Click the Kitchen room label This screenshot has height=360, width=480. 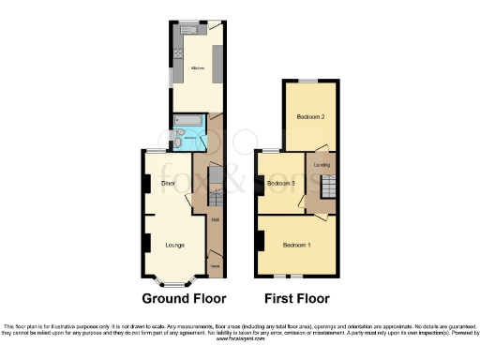pyautogui.click(x=198, y=68)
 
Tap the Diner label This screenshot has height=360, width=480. pyautogui.click(x=169, y=183)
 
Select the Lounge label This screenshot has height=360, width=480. pyautogui.click(x=174, y=246)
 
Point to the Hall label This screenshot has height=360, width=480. pyautogui.click(x=216, y=219)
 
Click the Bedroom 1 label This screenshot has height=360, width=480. pyautogui.click(x=296, y=246)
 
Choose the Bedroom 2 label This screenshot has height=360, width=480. pyautogui.click(x=310, y=117)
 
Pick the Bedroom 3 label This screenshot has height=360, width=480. pyautogui.click(x=281, y=183)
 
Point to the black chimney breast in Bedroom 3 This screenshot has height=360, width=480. pyautogui.click(x=260, y=184)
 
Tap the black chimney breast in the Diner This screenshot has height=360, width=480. pyautogui.click(x=146, y=185)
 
